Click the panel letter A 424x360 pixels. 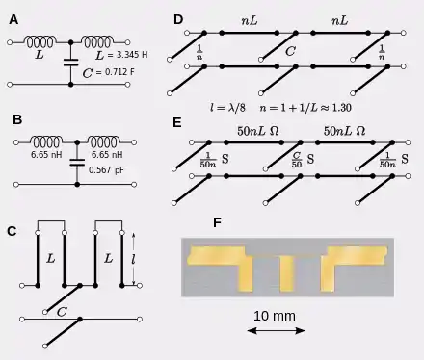click(x=13, y=20)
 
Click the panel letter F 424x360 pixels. click(x=218, y=222)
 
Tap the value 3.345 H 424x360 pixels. click(x=132, y=55)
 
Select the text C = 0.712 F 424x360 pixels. click(x=108, y=72)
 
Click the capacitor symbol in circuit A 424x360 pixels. click(x=71, y=63)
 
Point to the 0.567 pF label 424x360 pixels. click(x=106, y=169)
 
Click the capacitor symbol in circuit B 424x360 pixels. click(x=77, y=163)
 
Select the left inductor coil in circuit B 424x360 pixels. click(x=46, y=141)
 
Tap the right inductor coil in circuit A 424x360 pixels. click(x=97, y=41)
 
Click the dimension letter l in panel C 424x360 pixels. click(x=133, y=259)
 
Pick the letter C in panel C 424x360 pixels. click(x=62, y=312)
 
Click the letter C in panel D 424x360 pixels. click(x=290, y=51)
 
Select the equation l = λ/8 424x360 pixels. click(x=227, y=108)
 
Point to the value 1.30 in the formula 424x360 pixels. click(x=341, y=108)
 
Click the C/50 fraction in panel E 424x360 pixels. click(x=297, y=160)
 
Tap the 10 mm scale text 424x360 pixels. click(x=275, y=316)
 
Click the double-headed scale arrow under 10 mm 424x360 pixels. click(x=276, y=330)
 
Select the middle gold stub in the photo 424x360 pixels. click(x=287, y=273)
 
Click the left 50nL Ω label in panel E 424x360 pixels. click(x=258, y=131)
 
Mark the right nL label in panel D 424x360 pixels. click(x=339, y=21)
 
